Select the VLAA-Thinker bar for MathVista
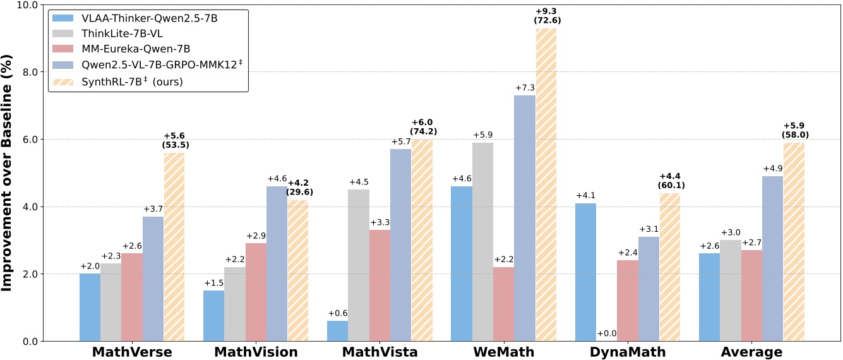click(338, 331)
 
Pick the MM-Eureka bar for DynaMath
click(628, 301)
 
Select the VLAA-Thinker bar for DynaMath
click(586, 272)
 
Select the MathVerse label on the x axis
click(132, 352)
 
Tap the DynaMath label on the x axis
click(628, 352)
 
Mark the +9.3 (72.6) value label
click(547, 16)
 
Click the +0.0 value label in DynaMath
click(607, 333)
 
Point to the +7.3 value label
click(525, 87)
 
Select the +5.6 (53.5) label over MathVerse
click(175, 140)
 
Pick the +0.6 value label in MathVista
click(338, 312)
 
